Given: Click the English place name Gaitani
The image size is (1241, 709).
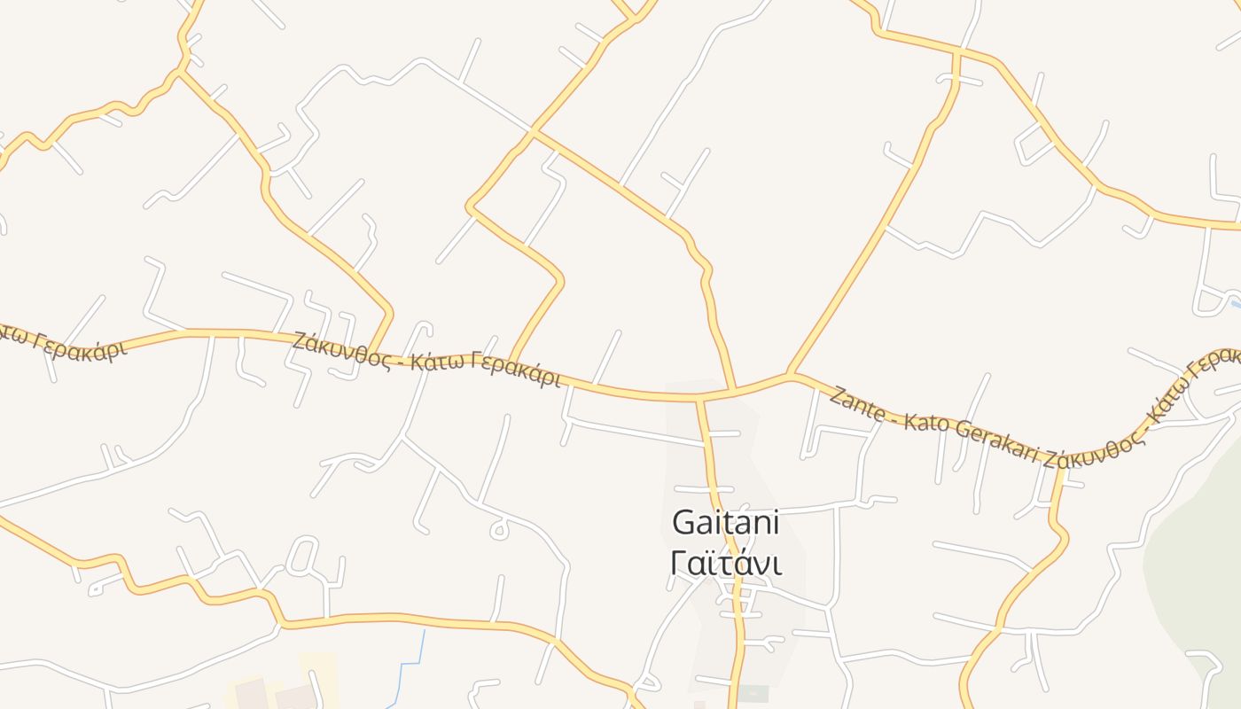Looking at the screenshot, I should click(725, 523).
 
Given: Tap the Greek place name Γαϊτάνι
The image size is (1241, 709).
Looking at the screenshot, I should click(725, 563).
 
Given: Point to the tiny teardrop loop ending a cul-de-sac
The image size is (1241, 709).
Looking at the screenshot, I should click(500, 529).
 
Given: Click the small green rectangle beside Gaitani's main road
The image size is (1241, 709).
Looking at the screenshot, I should click(754, 693).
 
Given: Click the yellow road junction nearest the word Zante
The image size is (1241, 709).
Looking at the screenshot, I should click(790, 375).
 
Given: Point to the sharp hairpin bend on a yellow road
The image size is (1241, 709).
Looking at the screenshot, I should click(471, 206).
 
